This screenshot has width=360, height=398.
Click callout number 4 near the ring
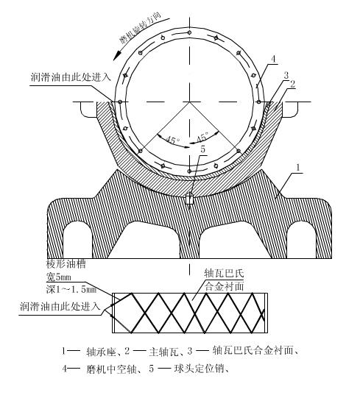[273, 60]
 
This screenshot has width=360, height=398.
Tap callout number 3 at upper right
[286, 75]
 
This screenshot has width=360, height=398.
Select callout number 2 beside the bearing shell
[293, 84]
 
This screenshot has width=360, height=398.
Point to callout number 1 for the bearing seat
[298, 168]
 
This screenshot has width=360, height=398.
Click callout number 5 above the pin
[202, 149]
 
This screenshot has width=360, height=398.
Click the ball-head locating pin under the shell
[189, 199]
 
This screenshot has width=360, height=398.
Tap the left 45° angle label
[173, 140]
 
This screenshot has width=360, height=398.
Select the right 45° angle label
[202, 137]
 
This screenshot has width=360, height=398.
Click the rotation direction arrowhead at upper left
[117, 56]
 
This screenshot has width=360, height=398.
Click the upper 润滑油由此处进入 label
[71, 77]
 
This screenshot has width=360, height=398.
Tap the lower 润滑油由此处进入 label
[60, 306]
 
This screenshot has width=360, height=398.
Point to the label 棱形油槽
[66, 264]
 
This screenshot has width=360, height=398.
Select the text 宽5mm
[59, 277]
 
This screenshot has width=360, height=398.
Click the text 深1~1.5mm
[71, 289]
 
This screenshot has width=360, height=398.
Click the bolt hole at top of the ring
[189, 32]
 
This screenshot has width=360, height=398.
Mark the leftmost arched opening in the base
[77, 240]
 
